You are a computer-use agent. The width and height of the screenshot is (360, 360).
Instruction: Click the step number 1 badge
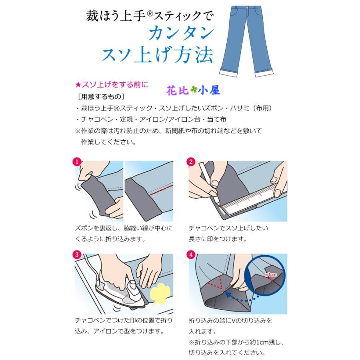76,162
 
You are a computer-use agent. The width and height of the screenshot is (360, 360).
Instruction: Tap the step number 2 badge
191,162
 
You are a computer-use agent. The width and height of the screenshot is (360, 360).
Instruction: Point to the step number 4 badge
191,254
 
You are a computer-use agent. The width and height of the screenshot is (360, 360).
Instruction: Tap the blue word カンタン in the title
180,34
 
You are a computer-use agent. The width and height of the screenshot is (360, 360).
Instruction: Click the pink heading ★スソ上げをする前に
112,84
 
